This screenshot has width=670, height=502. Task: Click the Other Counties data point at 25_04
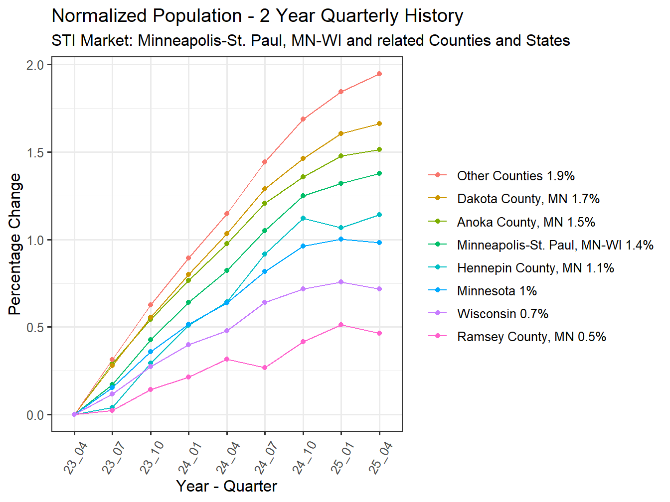coord(379,74)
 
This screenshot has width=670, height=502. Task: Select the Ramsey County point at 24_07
coord(265,368)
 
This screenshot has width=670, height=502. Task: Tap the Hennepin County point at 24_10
coord(303,218)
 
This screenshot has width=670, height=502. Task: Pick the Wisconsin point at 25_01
coord(341,282)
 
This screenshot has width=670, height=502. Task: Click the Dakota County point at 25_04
coord(379,124)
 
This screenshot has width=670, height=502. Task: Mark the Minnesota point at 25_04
coord(379,243)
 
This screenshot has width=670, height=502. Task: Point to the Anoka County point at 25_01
coord(341,156)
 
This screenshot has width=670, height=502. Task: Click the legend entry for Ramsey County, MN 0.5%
coord(531,337)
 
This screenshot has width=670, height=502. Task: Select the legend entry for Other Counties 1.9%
coord(515,176)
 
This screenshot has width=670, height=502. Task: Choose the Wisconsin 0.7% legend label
coord(502,314)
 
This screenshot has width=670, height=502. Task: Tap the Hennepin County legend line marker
coord(438,267)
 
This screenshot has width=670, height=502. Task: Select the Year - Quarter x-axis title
coord(226,486)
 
